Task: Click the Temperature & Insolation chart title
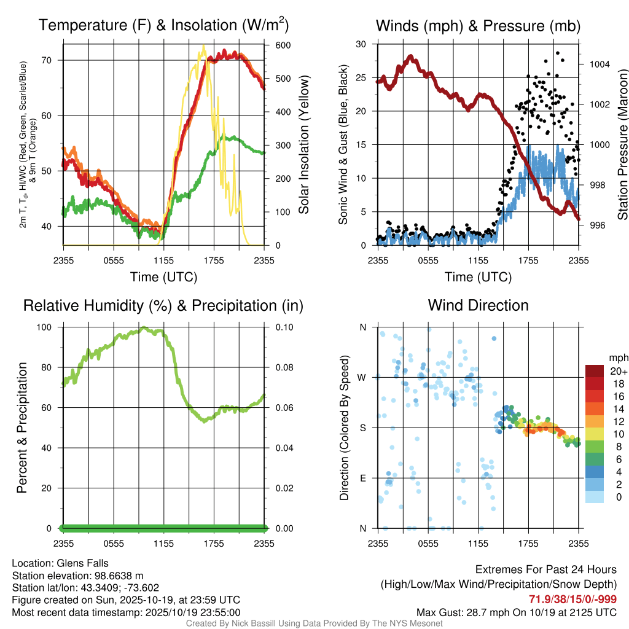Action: (163, 25)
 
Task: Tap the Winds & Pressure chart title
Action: (478, 25)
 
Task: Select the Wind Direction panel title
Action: (478, 305)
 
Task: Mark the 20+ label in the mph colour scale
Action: (617, 372)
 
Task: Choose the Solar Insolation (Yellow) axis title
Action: (304, 145)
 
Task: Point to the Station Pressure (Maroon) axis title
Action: (622, 145)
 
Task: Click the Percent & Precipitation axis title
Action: (22, 428)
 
